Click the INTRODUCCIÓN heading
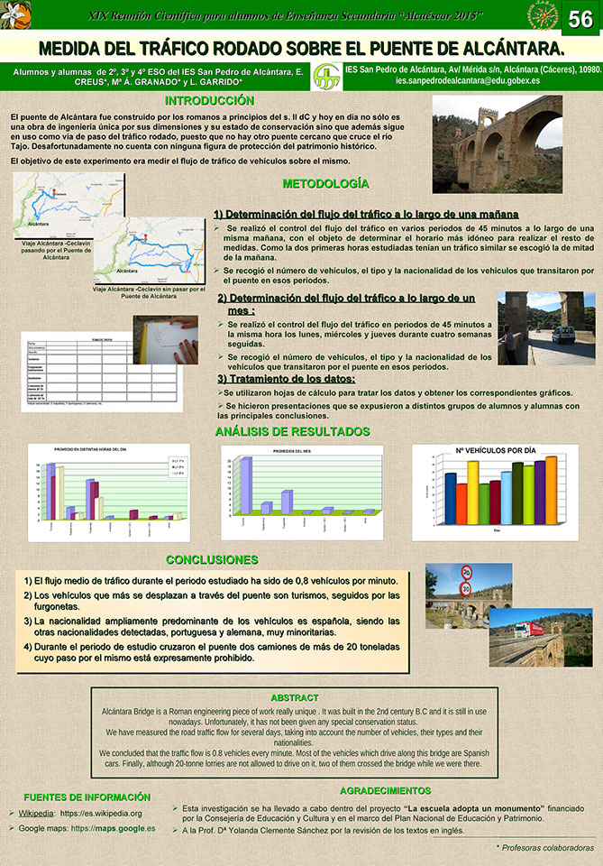click(x=209, y=100)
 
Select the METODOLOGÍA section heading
click(x=325, y=183)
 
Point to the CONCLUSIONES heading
click(x=212, y=560)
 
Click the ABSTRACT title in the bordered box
click(x=294, y=698)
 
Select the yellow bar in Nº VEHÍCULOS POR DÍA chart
click(x=473, y=492)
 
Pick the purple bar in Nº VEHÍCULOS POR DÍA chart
click(x=540, y=492)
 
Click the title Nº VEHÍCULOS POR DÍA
click(x=495, y=450)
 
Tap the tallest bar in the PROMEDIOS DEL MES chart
click(x=244, y=487)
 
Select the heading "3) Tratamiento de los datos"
click(x=286, y=379)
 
